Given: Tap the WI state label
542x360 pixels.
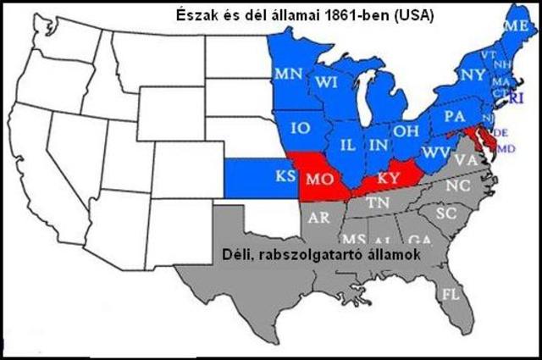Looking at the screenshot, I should [x=328, y=82].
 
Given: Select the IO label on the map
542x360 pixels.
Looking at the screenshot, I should [x=300, y=129].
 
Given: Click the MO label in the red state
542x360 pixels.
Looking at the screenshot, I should [x=318, y=180].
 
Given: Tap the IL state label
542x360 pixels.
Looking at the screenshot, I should [x=347, y=145].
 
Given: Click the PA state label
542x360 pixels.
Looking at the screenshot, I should [x=454, y=114].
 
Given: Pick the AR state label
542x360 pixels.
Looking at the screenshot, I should [x=318, y=217].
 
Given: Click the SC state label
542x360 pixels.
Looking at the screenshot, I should [x=446, y=212].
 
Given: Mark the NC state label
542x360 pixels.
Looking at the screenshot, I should [x=457, y=186].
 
